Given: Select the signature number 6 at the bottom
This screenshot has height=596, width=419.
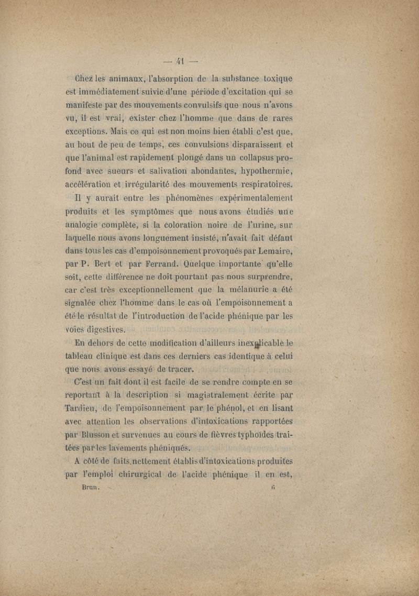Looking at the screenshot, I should coord(273,485).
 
